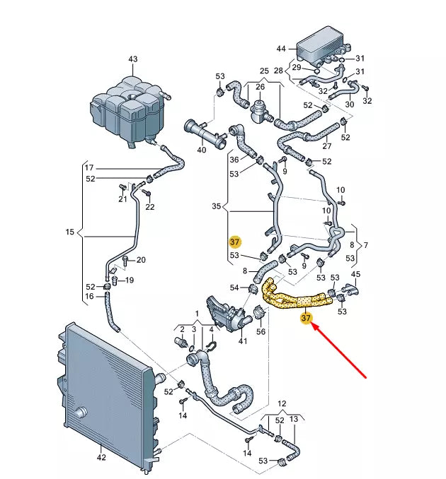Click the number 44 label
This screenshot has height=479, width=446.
(281, 49)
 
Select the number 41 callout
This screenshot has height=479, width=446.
(243, 342)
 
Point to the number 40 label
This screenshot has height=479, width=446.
(201, 150)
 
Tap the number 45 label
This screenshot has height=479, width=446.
(356, 274)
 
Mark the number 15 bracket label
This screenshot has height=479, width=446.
(69, 232)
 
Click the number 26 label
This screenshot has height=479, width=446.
(259, 88)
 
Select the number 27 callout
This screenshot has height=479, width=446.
(326, 147)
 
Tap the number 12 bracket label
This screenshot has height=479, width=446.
(282, 403)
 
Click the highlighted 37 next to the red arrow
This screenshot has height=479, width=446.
(306, 319)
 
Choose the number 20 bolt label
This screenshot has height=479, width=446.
(140, 260)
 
